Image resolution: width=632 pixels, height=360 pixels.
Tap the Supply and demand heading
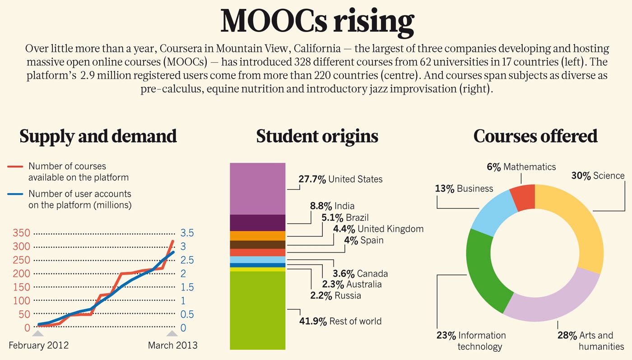(98, 136)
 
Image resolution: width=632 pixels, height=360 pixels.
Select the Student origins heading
(317, 136)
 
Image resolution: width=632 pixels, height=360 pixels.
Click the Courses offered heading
(535, 136)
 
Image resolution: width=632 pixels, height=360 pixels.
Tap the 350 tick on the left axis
(21, 233)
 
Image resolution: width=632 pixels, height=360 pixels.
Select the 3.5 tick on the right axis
(187, 233)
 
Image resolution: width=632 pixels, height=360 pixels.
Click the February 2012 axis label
(39, 346)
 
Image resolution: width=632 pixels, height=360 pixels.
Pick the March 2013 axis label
(172, 346)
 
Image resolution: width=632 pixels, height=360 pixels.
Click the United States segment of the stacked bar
(257, 188)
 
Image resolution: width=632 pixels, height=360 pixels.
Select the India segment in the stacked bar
(257, 223)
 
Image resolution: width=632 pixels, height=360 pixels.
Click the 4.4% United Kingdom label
(378, 229)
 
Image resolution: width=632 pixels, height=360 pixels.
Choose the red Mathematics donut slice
(522, 198)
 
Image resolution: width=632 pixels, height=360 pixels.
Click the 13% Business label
(464, 189)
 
